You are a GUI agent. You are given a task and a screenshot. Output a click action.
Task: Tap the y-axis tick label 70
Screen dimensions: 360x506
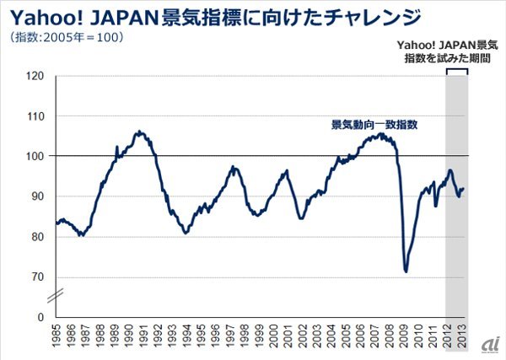tap(36, 277)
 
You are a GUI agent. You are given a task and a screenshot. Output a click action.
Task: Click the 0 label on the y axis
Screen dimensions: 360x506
tap(40, 318)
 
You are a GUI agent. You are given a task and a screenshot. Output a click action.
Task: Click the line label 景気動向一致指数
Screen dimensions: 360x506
tap(375, 124)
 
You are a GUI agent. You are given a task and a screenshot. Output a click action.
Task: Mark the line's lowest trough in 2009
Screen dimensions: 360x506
tap(406, 271)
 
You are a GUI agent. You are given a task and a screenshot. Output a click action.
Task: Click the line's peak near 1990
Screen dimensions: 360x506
tap(139, 132)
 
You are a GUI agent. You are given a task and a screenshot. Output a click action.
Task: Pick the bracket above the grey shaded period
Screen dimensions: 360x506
tap(456, 70)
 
